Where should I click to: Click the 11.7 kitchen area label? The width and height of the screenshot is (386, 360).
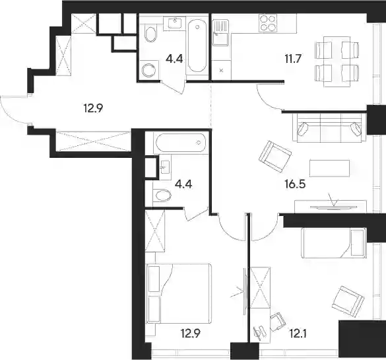click(293, 59)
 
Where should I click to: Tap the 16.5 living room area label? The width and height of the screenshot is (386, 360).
click(295, 184)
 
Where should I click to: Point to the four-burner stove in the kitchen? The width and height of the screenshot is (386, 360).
click(268, 23)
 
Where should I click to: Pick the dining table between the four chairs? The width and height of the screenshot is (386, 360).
click(337, 62)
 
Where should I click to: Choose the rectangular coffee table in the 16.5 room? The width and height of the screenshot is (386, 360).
click(329, 168)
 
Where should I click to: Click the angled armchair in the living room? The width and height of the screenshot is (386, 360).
click(275, 157)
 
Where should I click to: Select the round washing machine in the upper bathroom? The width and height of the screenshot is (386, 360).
click(149, 70)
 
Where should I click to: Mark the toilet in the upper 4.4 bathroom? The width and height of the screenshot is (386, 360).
click(151, 34)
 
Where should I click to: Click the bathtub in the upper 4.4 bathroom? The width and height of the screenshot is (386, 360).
click(197, 46)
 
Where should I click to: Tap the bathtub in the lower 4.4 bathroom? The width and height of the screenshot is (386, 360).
click(180, 143)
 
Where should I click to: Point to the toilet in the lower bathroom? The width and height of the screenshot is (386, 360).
click(162, 196)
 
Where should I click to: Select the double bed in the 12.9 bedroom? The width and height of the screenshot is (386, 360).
click(179, 293)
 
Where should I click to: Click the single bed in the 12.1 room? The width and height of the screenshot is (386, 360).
click(333, 243)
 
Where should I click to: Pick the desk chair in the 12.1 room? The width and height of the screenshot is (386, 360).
click(278, 322)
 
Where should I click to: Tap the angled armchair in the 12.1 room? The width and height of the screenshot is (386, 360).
click(348, 302)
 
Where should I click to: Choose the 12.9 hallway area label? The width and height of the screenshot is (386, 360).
click(93, 108)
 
